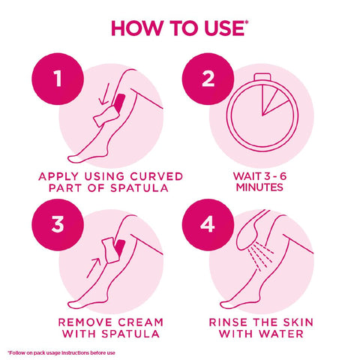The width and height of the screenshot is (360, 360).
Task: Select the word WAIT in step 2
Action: [241, 176]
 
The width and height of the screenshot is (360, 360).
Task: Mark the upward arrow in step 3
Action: [96, 264]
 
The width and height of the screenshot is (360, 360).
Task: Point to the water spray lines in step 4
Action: [259, 251]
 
